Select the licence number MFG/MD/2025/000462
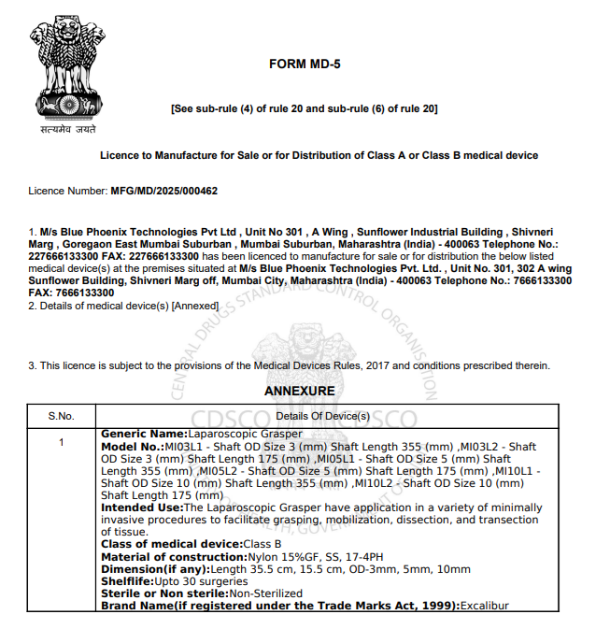click(x=163, y=191)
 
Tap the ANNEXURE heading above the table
click(x=299, y=390)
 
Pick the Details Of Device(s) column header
click(x=323, y=415)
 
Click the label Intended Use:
click(x=142, y=507)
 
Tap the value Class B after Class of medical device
click(x=262, y=544)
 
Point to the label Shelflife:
click(x=127, y=581)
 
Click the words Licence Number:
click(x=68, y=191)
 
